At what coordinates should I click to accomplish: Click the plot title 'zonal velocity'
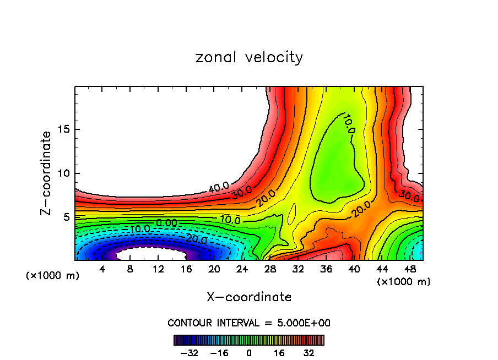click(x=249, y=57)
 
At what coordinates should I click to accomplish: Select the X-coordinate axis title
click(x=249, y=297)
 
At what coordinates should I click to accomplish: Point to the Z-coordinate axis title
click(x=48, y=173)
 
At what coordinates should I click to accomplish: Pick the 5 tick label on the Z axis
click(x=64, y=217)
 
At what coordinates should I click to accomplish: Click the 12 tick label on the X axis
click(x=158, y=269)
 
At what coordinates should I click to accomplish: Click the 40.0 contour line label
click(x=219, y=188)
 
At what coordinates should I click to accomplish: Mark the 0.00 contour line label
click(x=166, y=222)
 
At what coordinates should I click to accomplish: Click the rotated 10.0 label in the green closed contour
click(x=348, y=123)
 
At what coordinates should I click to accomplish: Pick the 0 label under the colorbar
click(x=249, y=353)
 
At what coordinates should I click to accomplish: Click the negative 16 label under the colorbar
click(x=219, y=353)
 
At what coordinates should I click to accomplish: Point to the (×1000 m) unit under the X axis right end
click(x=403, y=282)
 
